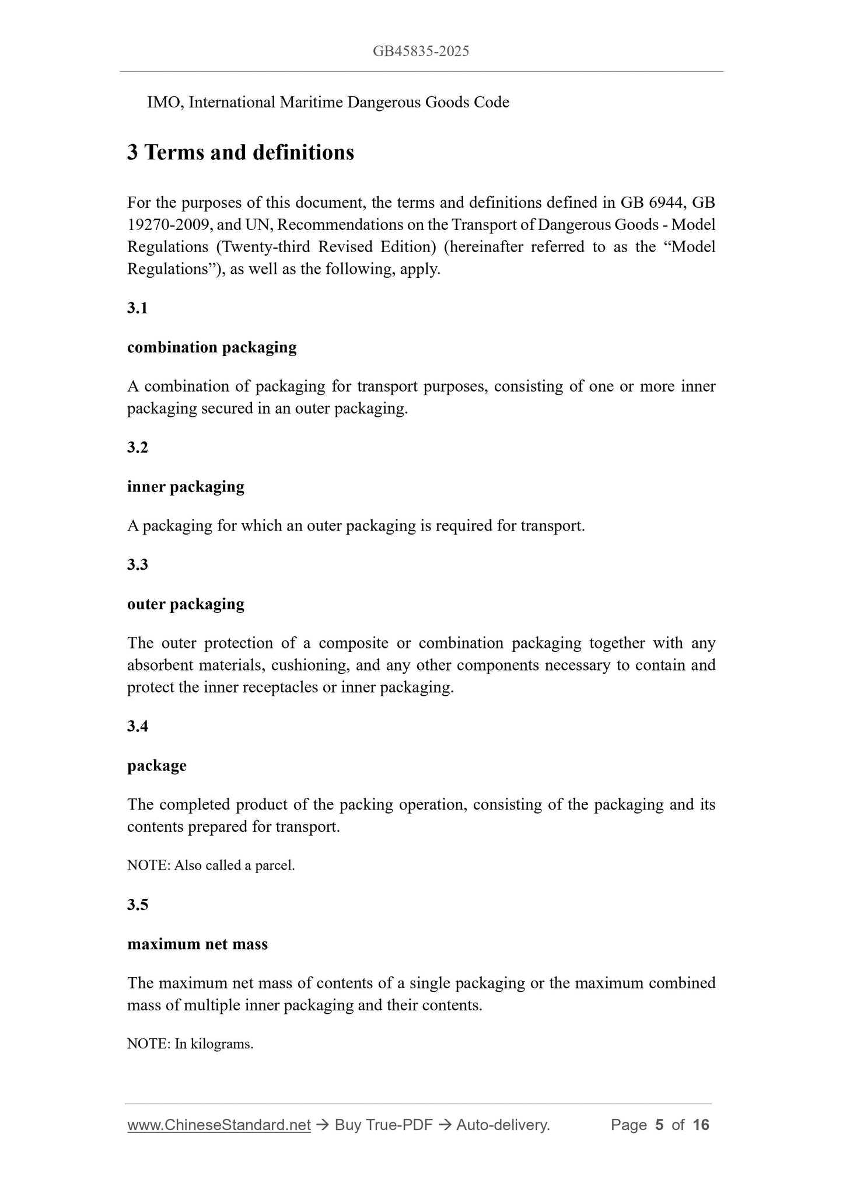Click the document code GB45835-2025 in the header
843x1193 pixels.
[421, 51]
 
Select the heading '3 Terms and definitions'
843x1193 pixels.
[240, 152]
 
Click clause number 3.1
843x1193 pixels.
[137, 308]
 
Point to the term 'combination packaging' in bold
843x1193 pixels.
[212, 347]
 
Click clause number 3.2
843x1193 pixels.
[137, 447]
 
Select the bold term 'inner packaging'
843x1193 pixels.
[186, 486]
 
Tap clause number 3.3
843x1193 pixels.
[137, 564]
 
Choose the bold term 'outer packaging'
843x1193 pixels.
[186, 604]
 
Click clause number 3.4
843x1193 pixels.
[137, 726]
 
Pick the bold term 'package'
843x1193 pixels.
[156, 765]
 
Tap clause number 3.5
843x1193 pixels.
[137, 904]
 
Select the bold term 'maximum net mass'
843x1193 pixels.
[197, 944]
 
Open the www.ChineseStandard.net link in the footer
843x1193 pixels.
[219, 1125]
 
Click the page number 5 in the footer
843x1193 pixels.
[659, 1125]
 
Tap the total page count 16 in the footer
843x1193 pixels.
[701, 1125]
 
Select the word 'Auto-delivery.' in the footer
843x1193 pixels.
[503, 1125]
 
